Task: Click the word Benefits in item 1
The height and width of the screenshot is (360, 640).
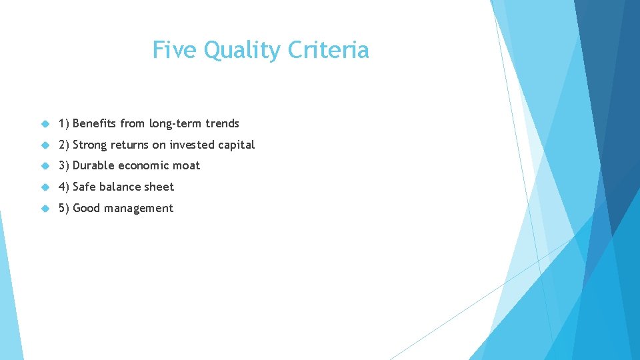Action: click(94, 123)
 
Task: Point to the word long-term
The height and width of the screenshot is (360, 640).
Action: click(175, 124)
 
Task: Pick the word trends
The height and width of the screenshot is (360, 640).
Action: click(222, 123)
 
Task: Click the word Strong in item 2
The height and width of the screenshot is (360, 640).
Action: click(90, 145)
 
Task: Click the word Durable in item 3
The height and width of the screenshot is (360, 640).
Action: click(93, 165)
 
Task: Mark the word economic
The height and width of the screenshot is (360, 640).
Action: click(143, 165)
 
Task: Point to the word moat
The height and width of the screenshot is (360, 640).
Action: click(186, 165)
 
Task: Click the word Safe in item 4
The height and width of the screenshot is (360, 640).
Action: click(84, 187)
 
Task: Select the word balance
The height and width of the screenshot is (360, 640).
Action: click(119, 187)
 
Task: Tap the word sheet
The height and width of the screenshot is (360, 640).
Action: click(159, 187)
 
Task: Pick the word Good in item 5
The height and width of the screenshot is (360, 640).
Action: click(86, 208)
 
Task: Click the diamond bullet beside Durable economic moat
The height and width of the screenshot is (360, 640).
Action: click(45, 166)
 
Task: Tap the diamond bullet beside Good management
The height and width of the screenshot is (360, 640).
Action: click(45, 209)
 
